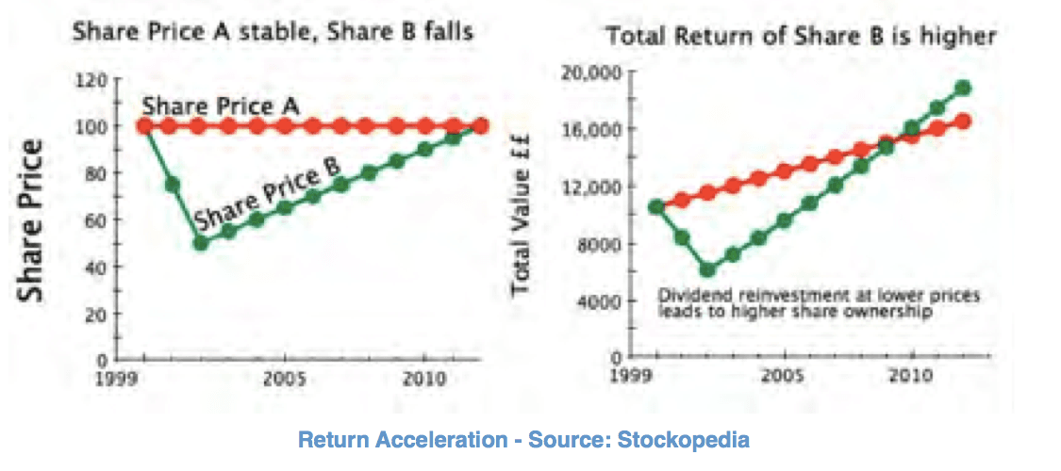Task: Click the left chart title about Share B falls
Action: point(273,32)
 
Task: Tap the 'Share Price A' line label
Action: point(221,106)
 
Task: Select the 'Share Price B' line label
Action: point(266,194)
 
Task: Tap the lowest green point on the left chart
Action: point(201,243)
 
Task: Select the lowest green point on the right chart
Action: point(707,270)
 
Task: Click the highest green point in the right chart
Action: point(962,89)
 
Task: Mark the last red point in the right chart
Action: point(962,121)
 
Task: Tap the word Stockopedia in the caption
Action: point(688,439)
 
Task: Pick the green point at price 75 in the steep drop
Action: point(173,185)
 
